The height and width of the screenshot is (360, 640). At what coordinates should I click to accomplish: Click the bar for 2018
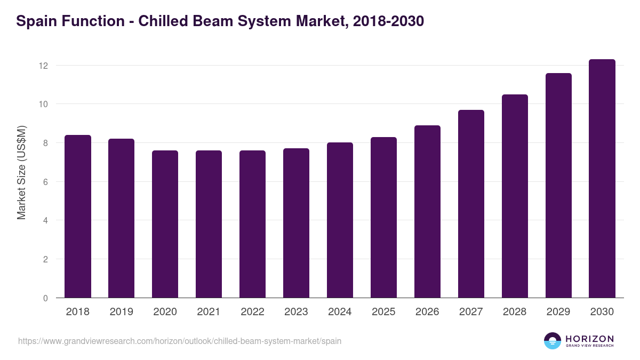point(78,217)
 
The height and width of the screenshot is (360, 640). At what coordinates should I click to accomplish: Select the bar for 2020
point(165,224)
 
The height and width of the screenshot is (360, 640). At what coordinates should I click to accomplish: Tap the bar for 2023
point(297,223)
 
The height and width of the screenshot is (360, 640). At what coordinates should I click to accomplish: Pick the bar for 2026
point(428,212)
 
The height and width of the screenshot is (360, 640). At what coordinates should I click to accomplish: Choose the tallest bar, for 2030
point(602,179)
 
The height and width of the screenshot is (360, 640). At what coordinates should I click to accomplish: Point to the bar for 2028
point(515,196)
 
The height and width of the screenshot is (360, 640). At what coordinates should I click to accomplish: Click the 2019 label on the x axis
point(122,312)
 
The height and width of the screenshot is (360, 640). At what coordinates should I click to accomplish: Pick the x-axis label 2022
point(253,312)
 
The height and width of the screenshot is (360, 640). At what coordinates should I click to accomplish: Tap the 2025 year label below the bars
point(384,312)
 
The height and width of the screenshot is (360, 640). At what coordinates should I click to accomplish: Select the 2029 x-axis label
point(558,312)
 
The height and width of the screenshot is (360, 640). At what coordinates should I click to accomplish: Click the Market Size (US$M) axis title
point(21,172)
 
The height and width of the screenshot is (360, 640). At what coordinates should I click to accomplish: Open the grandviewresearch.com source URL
point(180,341)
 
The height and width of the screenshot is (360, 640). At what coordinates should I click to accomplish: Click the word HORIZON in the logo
point(589,338)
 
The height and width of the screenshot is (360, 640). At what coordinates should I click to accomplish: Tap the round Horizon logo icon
point(553,341)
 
